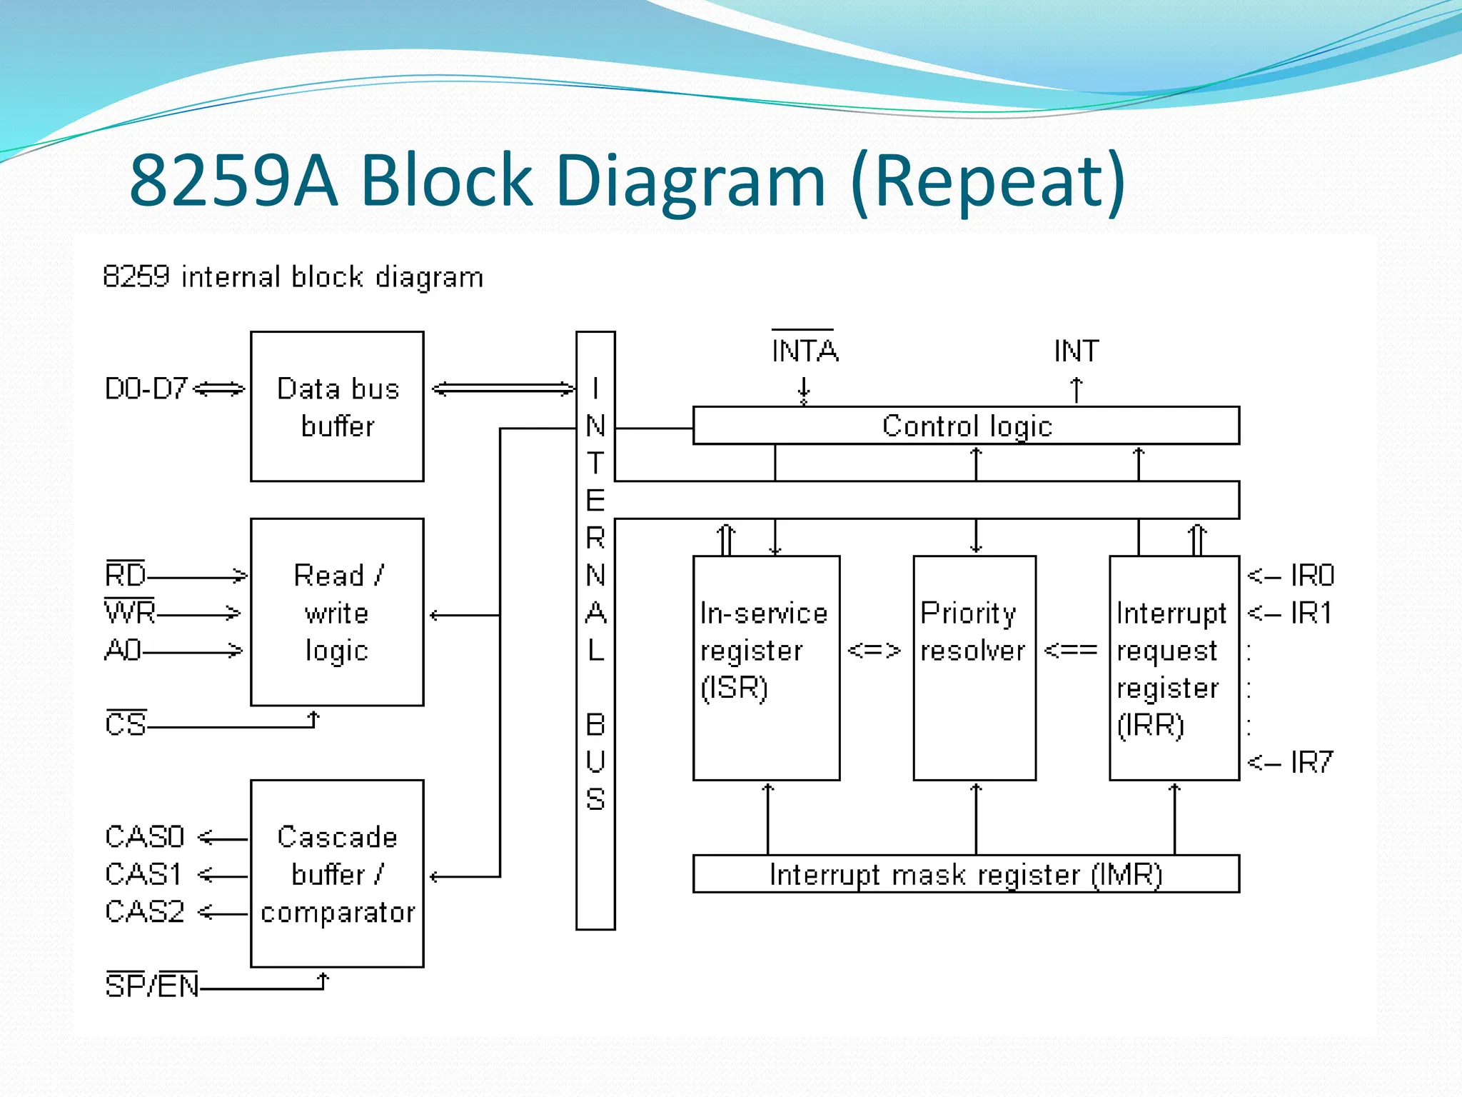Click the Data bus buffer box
pyautogui.click(x=337, y=406)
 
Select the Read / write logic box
pyautogui.click(x=337, y=612)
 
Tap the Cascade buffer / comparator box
pyautogui.click(x=337, y=873)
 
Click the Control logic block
pyautogui.click(x=966, y=426)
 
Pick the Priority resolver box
pyautogui.click(x=974, y=668)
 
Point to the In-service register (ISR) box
pyautogui.click(x=766, y=668)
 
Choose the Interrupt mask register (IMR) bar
pyautogui.click(x=966, y=873)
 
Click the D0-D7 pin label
pyautogui.click(x=146, y=389)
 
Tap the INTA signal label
pyautogui.click(x=805, y=351)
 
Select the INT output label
pyautogui.click(x=1076, y=351)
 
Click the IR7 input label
pyautogui.click(x=1311, y=763)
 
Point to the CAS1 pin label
pyautogui.click(x=144, y=874)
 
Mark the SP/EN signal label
pyautogui.click(x=151, y=986)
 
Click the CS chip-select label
pyautogui.click(x=126, y=724)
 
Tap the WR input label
pyautogui.click(x=130, y=612)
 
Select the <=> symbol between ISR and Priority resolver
pyautogui.click(x=874, y=651)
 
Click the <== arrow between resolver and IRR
pyautogui.click(x=1070, y=651)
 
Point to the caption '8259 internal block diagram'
pyautogui.click(x=293, y=277)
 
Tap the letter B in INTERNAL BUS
pyautogui.click(x=595, y=726)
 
